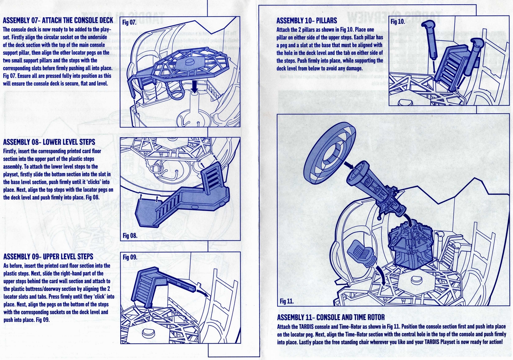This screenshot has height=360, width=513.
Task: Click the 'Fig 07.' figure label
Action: point(129,22)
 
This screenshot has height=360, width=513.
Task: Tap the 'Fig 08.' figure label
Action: point(130,235)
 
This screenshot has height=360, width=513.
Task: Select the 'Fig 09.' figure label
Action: point(130,257)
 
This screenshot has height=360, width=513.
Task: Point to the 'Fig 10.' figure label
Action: point(398,22)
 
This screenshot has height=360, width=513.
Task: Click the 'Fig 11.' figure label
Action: point(287,301)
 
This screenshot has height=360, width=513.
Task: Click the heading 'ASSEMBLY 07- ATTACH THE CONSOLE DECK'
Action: point(58,21)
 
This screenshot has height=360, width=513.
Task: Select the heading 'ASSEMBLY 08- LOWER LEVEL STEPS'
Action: point(49,142)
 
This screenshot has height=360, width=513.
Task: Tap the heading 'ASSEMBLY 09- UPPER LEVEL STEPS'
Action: point(48,256)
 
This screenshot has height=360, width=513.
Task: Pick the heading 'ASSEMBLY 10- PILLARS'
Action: point(307,21)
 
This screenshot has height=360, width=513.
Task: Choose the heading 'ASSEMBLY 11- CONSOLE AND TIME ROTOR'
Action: point(331,317)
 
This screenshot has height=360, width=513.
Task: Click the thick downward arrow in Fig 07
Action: point(194,86)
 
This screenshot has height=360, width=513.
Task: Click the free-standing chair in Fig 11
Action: point(362,254)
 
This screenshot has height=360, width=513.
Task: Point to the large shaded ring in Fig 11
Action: point(329,153)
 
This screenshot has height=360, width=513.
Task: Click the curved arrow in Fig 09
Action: point(203,292)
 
